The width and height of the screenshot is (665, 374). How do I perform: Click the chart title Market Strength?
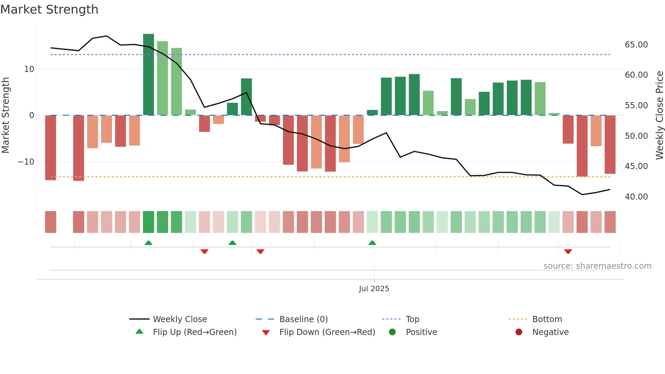[x=49, y=10]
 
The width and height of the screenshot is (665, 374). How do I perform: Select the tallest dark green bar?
[x=149, y=75]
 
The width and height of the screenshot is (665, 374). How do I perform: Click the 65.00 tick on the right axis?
[x=636, y=45]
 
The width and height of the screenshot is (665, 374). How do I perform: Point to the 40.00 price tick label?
[x=636, y=197]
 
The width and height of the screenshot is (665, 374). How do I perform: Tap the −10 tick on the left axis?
[x=26, y=162]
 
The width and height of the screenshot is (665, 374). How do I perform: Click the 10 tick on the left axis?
[x=29, y=69]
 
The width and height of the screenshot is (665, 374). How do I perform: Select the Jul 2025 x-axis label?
[x=374, y=289]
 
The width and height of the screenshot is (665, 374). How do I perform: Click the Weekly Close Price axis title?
[x=659, y=115]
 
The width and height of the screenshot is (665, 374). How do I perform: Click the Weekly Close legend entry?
[x=179, y=319]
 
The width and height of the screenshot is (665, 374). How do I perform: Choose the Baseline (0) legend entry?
[x=303, y=319]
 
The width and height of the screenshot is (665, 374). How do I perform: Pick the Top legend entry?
[x=413, y=319]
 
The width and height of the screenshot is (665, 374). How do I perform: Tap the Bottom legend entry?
[x=547, y=319]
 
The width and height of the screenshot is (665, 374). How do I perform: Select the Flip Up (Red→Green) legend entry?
[x=194, y=332]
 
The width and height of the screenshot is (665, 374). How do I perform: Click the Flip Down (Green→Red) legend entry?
[x=327, y=332]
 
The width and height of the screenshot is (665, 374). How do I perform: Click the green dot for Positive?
[x=393, y=332]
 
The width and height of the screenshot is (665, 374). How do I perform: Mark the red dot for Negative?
[x=519, y=332]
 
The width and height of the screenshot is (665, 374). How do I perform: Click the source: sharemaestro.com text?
[x=597, y=266]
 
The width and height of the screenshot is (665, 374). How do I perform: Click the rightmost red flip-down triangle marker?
[x=568, y=251]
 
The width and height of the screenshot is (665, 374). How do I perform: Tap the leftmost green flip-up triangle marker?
[x=148, y=243]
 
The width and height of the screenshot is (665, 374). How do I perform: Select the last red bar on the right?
[x=610, y=144]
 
